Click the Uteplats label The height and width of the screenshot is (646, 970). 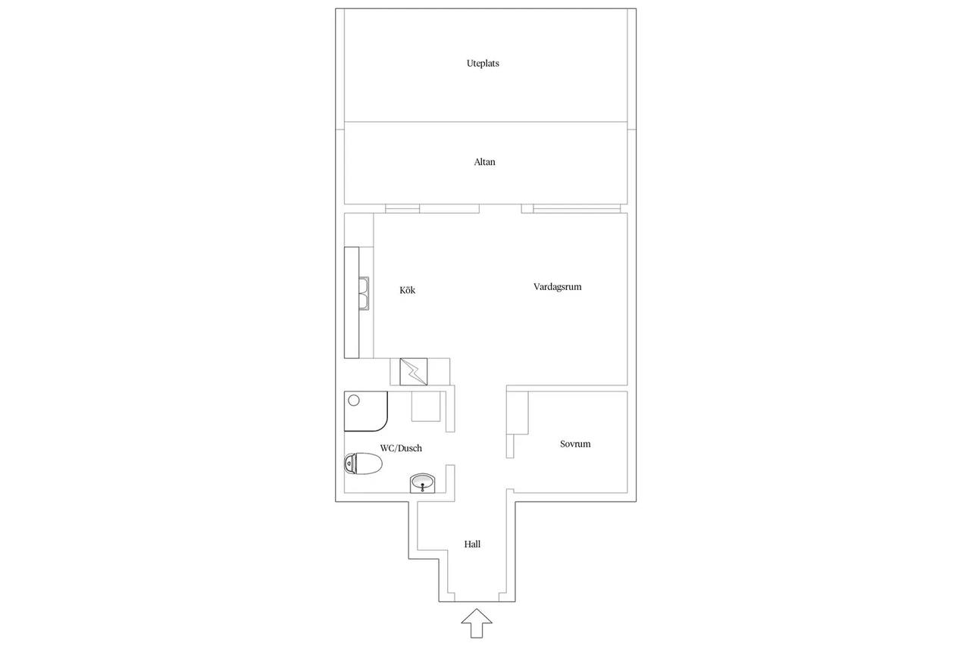point(483,64)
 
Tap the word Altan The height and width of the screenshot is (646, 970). point(484,162)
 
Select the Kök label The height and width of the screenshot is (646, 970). point(408,290)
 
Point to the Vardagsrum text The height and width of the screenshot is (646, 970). point(557,287)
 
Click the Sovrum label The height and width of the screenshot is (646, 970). point(575,444)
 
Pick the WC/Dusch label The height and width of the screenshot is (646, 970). point(401,448)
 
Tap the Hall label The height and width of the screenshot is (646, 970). point(472,545)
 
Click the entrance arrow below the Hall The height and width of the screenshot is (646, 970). point(477,623)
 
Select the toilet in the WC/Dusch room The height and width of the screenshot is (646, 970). point(363,464)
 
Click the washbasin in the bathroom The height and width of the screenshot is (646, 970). point(422,483)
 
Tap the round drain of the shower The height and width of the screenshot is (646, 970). point(354,401)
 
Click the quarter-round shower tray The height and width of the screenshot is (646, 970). point(366,411)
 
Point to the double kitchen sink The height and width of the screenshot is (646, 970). point(364,294)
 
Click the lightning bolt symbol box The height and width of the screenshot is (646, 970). point(414,372)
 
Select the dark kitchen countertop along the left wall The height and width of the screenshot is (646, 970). point(352,302)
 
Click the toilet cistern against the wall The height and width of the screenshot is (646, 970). point(349,463)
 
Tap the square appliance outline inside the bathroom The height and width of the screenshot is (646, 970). point(426,406)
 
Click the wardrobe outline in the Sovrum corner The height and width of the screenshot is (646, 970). point(518,414)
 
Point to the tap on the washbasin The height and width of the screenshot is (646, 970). point(422,488)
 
